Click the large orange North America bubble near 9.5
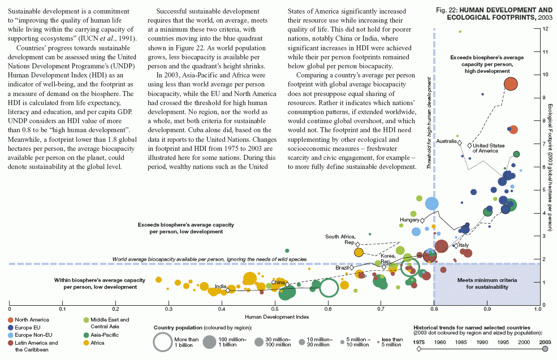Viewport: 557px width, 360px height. point(511,84)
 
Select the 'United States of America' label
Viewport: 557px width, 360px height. point(488,148)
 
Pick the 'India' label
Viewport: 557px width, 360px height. point(221,287)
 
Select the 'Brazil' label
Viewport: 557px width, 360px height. point(342,267)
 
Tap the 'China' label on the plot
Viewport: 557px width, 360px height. point(278,281)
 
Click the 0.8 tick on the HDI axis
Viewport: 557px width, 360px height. point(434,310)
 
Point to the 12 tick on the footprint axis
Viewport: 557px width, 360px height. point(543,29)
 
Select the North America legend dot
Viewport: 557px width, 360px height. point(11,320)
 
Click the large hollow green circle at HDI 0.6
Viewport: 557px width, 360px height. point(329,288)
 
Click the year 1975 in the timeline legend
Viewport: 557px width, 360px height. point(420,342)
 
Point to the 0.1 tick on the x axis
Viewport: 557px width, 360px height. point(63,310)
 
